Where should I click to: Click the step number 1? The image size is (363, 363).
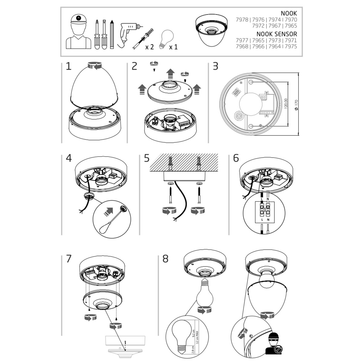click(69, 67)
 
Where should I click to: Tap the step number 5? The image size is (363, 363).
click(147, 158)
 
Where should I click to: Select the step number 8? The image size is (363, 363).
click(165, 259)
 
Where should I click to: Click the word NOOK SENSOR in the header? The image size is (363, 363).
click(276, 34)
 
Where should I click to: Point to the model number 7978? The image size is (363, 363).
click(242, 20)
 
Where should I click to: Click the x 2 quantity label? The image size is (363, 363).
click(149, 47)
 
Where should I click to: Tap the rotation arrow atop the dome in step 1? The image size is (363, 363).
click(95, 66)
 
